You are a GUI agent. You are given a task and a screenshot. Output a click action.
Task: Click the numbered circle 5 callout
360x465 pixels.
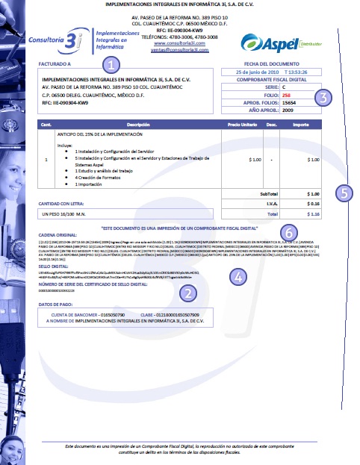coord(343,193)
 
